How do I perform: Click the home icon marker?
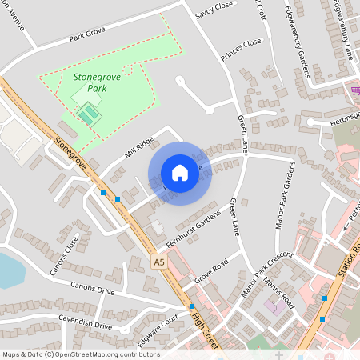pyautogui.click(x=180, y=173)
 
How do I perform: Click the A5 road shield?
pyautogui.click(x=159, y=262)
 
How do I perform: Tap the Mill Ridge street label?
pyautogui.click(x=116, y=149)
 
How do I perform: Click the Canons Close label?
pyautogui.click(x=65, y=255)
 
